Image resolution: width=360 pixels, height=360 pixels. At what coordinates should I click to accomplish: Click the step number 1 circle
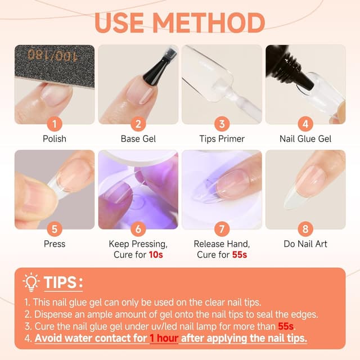pyautogui.click(x=55, y=124)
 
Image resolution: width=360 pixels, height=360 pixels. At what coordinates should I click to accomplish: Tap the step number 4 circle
pyautogui.click(x=305, y=124)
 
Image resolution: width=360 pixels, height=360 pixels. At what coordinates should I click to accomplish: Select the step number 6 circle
pyautogui.click(x=138, y=229)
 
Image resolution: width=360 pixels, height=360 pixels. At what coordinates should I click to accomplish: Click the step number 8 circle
pyautogui.click(x=305, y=229)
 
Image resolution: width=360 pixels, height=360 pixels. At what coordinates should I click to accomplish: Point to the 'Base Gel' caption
pyautogui.click(x=138, y=138)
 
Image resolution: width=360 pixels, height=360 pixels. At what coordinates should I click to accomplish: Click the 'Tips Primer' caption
pyautogui.click(x=222, y=138)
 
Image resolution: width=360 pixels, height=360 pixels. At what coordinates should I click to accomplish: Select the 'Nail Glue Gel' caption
pyautogui.click(x=305, y=138)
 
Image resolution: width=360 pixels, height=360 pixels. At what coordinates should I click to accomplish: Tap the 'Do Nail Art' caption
pyautogui.click(x=305, y=244)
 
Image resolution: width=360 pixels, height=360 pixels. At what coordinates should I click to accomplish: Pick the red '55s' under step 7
pyautogui.click(x=239, y=255)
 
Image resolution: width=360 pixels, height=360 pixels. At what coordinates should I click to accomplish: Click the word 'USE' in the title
pyautogui.click(x=120, y=22)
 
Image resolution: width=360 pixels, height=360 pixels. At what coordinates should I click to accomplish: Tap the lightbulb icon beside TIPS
pyautogui.click(x=31, y=281)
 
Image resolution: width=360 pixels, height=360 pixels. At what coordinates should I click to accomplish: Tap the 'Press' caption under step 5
pyautogui.click(x=55, y=244)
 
